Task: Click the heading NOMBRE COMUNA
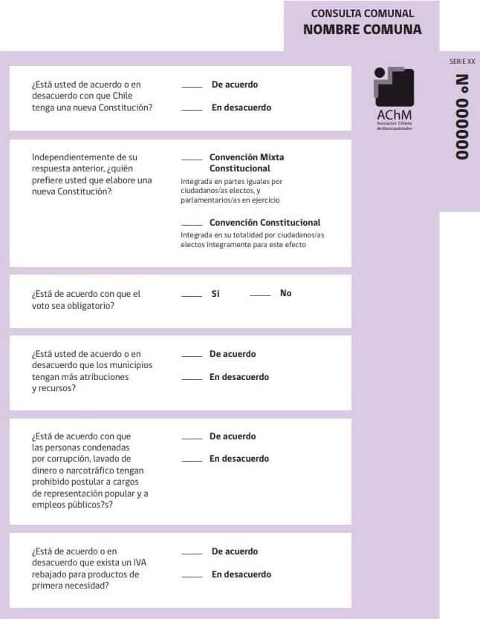pyautogui.click(x=362, y=30)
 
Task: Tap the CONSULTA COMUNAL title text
pyautogui.click(x=362, y=13)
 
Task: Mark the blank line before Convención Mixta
pyautogui.click(x=192, y=160)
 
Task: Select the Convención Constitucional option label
pyautogui.click(x=265, y=223)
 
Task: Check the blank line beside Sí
pyautogui.click(x=192, y=296)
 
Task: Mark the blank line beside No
pyautogui.click(x=259, y=296)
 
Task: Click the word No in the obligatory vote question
pyautogui.click(x=286, y=293)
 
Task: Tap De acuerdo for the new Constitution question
pyautogui.click(x=235, y=85)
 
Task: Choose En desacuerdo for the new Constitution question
pyautogui.click(x=241, y=108)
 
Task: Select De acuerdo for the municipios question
pyautogui.click(x=233, y=354)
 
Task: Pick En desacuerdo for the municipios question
pyautogui.click(x=239, y=377)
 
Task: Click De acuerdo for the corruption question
pyautogui.click(x=233, y=436)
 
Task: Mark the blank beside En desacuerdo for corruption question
pyautogui.click(x=192, y=462)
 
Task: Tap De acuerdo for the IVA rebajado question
pyautogui.click(x=235, y=551)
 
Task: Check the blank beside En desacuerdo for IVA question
pyautogui.click(x=192, y=577)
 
